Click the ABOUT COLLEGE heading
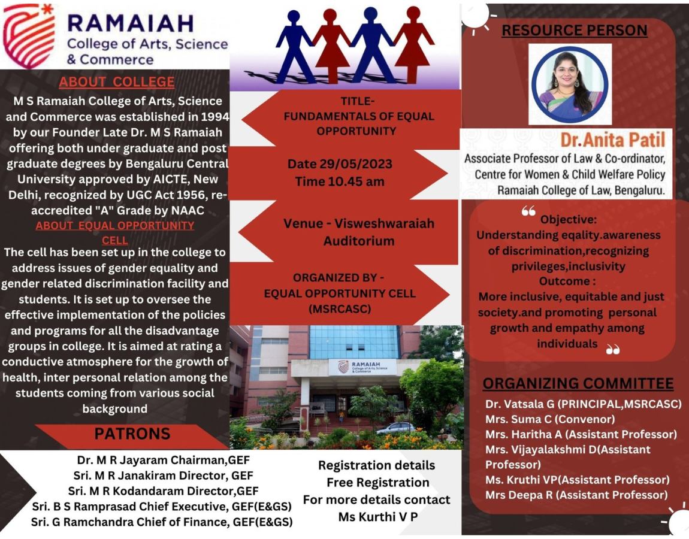coord(117,82)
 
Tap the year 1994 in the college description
coord(215,117)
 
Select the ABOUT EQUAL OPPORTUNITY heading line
coord(114,225)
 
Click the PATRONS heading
coord(132,434)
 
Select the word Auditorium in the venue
coord(359,241)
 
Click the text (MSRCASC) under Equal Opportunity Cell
coord(340,309)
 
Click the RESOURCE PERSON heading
coord(575,31)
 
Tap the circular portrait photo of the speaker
coord(570,84)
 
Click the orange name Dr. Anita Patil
coord(612,140)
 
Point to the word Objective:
coord(568,219)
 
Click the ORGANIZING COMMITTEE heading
coord(578,383)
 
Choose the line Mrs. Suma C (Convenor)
coord(550,419)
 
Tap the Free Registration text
coord(378,482)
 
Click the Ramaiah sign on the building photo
coord(362,367)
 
